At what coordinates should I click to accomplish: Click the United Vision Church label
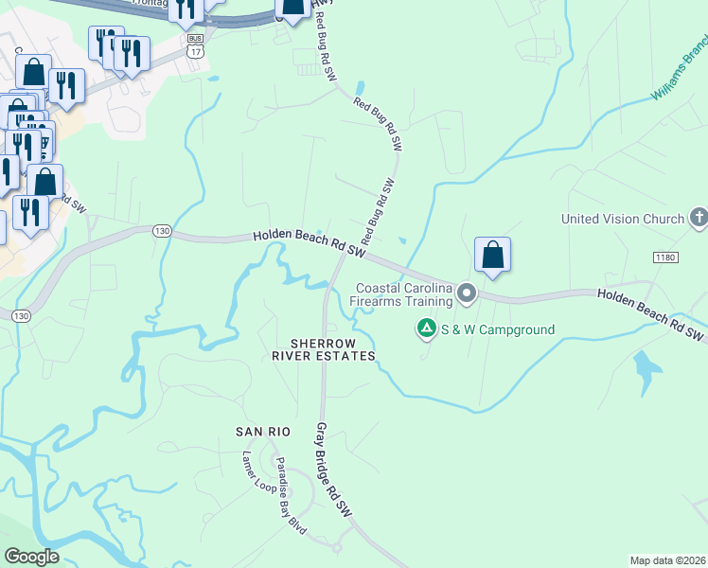tap(622, 219)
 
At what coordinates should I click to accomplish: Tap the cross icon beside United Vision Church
tap(699, 218)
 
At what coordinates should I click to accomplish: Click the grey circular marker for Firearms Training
tap(466, 293)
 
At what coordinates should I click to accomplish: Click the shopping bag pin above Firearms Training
tap(492, 255)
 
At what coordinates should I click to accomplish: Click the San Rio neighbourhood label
tap(262, 432)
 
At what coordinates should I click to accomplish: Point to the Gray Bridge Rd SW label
tap(333, 470)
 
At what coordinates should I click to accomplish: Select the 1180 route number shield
tap(665, 257)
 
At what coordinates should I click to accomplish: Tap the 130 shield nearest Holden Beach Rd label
tap(160, 231)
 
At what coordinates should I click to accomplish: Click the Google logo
tap(31, 557)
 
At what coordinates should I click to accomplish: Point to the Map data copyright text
tap(667, 560)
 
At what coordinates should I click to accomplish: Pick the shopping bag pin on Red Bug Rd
tap(293, 8)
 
